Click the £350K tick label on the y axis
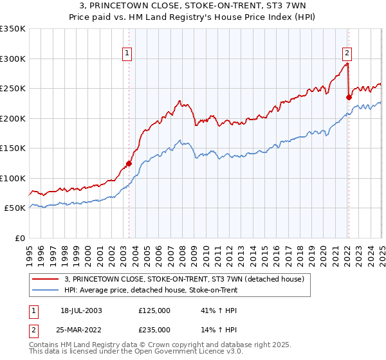13,29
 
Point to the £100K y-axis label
13,178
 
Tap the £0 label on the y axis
19,238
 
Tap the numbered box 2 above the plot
347,53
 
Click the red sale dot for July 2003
129,163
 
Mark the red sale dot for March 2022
349,98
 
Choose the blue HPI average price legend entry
151,290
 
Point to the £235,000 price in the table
154,329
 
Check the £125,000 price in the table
154,310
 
